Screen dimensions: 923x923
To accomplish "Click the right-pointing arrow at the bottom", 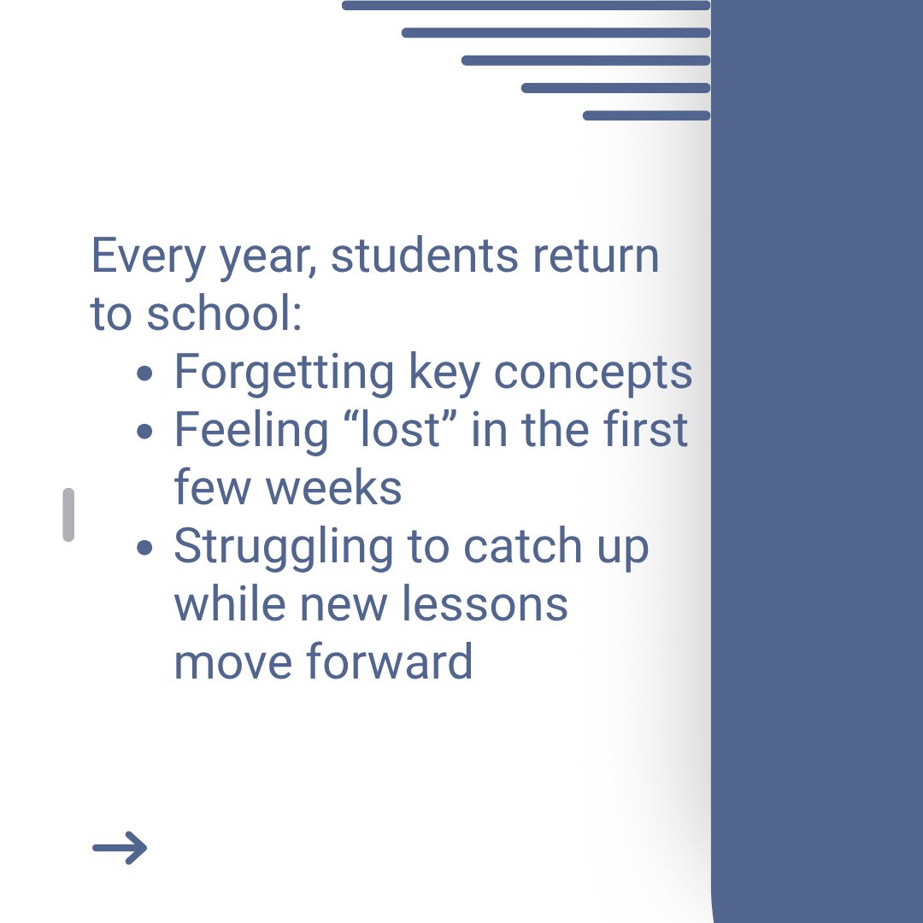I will (x=120, y=848).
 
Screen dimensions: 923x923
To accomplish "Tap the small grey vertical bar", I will (x=68, y=514).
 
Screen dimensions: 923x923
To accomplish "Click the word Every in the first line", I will (x=137, y=256).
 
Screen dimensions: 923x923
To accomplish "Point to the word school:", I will (x=224, y=314).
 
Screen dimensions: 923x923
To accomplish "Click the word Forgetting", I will (x=285, y=373).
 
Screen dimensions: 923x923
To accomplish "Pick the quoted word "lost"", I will (x=401, y=430).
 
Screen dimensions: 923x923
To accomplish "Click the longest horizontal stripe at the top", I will (x=526, y=5).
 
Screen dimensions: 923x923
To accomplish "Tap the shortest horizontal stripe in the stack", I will (x=646, y=115).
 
